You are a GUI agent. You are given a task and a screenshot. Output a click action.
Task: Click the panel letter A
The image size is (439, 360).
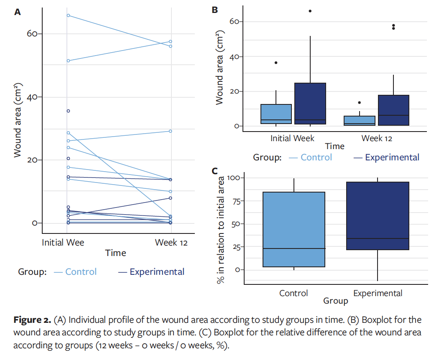[x=18, y=12]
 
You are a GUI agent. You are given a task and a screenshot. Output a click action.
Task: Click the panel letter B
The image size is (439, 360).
[x=215, y=10]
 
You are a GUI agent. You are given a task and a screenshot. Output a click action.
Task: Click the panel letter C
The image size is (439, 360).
[x=215, y=171]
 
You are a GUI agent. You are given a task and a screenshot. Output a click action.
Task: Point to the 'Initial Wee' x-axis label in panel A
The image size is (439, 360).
[x=63, y=242]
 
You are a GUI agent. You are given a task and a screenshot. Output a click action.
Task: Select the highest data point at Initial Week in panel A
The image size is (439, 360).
[x=68, y=15]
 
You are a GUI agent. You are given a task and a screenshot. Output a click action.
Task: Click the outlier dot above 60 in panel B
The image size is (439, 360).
[x=310, y=11]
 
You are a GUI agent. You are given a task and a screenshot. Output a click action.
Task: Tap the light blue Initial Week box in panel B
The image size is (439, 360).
[x=276, y=114]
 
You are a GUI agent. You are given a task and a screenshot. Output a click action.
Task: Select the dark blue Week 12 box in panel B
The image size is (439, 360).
[x=393, y=110]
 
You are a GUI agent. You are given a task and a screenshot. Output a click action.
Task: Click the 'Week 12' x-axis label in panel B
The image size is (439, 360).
[x=377, y=138]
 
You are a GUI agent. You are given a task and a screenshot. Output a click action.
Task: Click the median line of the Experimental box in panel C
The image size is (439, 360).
[x=378, y=238]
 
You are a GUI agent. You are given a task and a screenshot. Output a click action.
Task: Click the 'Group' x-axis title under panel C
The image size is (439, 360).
[x=335, y=301]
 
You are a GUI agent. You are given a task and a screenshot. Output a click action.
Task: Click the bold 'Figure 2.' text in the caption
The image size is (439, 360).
[x=33, y=320]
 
